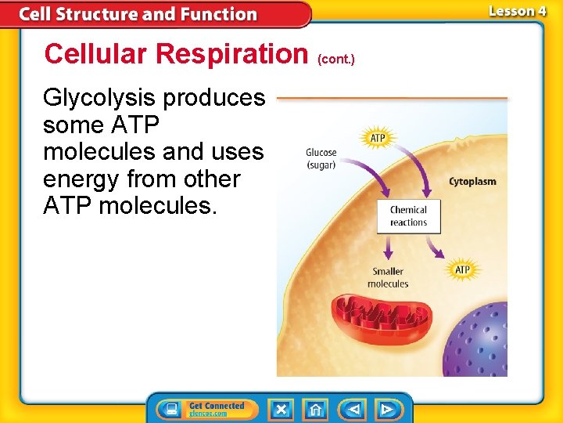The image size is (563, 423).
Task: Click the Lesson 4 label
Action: pos(517,11)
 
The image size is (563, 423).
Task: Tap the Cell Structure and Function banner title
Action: pos(138,14)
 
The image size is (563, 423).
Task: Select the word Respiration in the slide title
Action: pos(232,54)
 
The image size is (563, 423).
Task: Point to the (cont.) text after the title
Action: pos(336,58)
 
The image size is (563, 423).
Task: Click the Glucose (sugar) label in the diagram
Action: pos(321,158)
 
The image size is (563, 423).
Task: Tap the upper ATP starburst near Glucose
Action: pos(377,139)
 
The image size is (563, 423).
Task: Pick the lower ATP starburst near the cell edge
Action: pos(462,270)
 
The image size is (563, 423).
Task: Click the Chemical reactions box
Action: pos(408,216)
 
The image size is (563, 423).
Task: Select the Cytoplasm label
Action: pos(472,182)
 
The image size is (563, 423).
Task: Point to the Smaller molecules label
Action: pos(388,278)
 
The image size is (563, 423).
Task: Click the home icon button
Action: pos(315,410)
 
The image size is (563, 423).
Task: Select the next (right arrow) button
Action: pos(386,410)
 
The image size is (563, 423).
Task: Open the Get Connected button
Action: pos(203,410)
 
